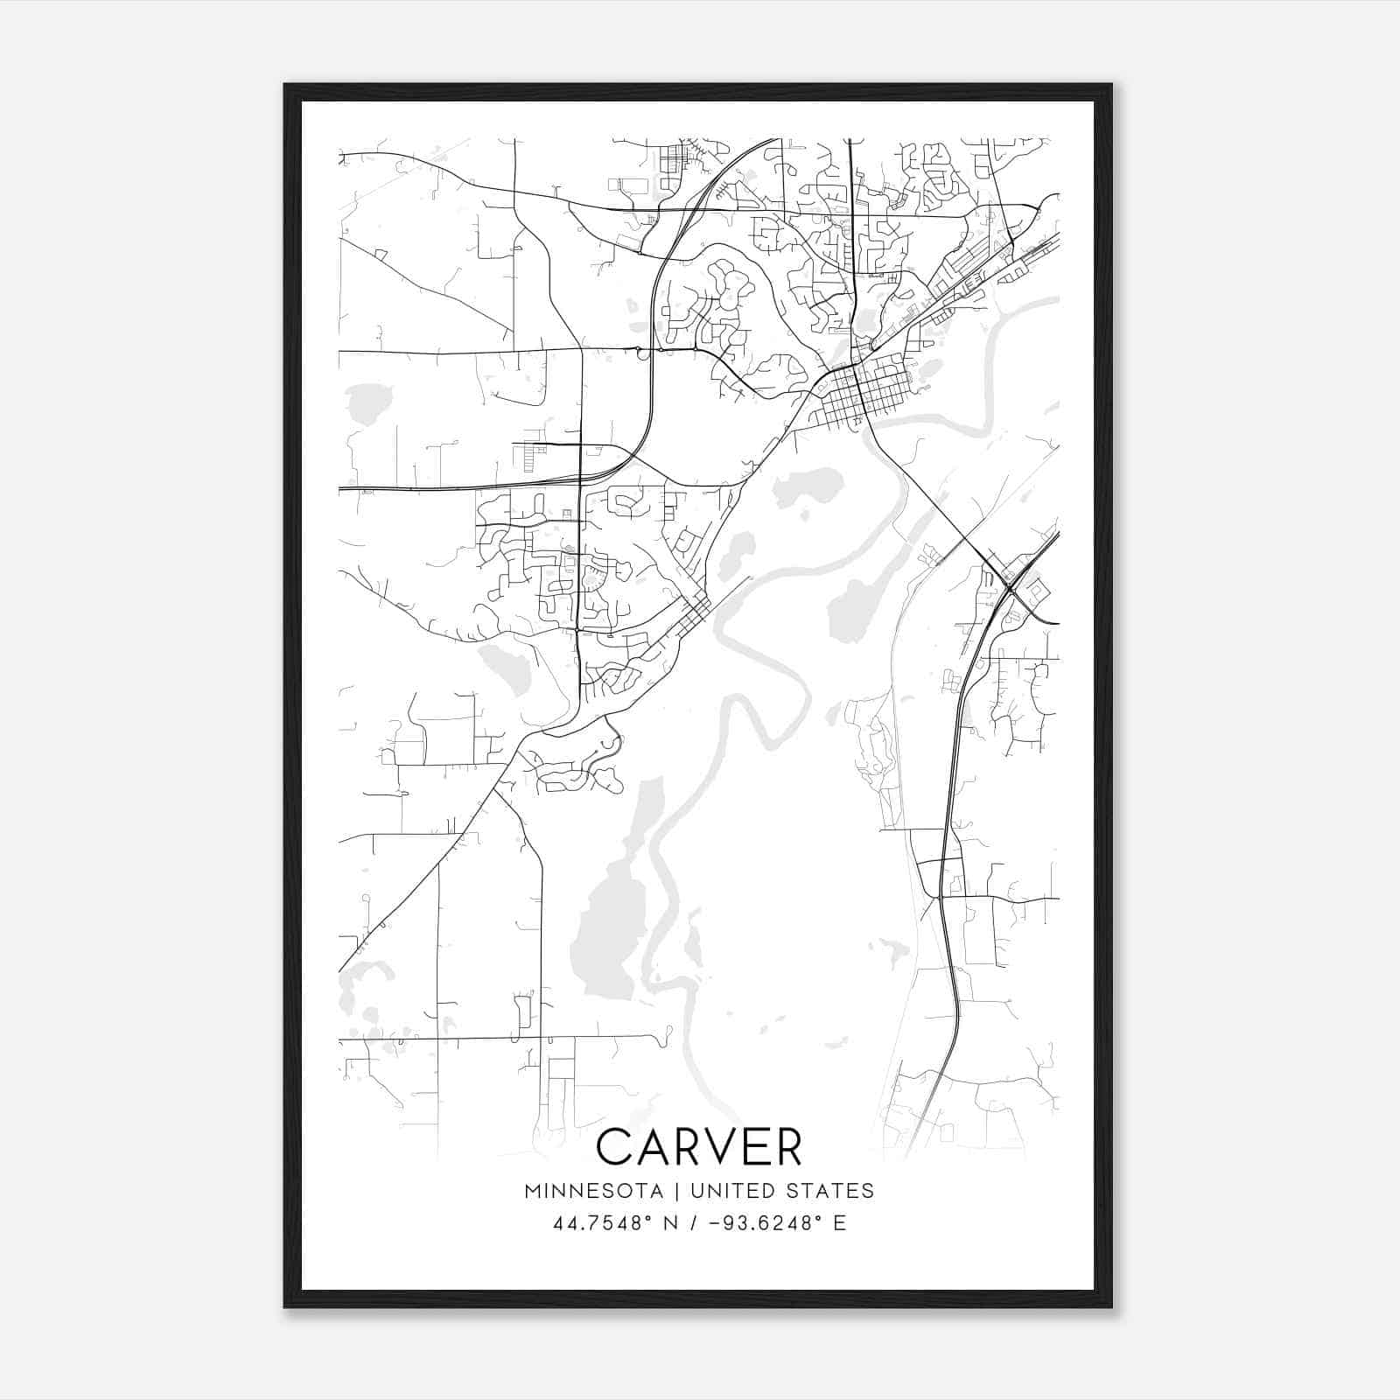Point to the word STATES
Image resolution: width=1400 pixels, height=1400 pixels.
pyautogui.click(x=831, y=1191)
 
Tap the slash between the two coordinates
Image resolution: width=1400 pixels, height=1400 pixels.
pyautogui.click(x=694, y=1223)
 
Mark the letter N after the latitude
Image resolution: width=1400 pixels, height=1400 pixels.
pyautogui.click(x=672, y=1223)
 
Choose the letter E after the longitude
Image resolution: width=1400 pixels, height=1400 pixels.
pyautogui.click(x=839, y=1223)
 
